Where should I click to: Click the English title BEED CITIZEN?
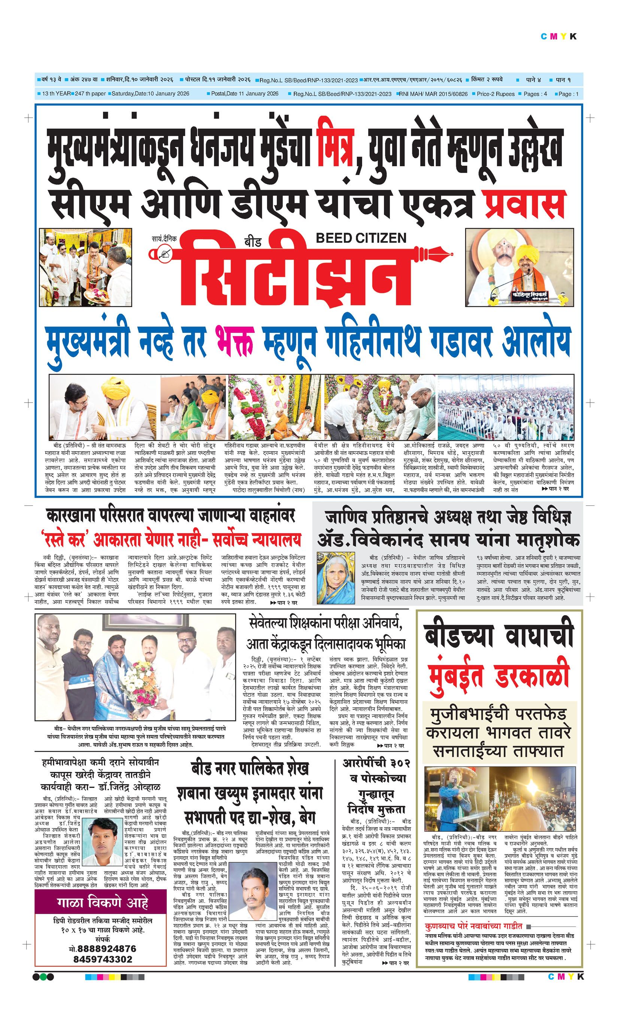(x=361, y=238)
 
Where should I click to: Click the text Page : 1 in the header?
(x=568, y=94)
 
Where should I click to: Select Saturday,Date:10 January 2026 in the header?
(x=150, y=94)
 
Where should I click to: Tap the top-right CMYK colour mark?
(x=558, y=37)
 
